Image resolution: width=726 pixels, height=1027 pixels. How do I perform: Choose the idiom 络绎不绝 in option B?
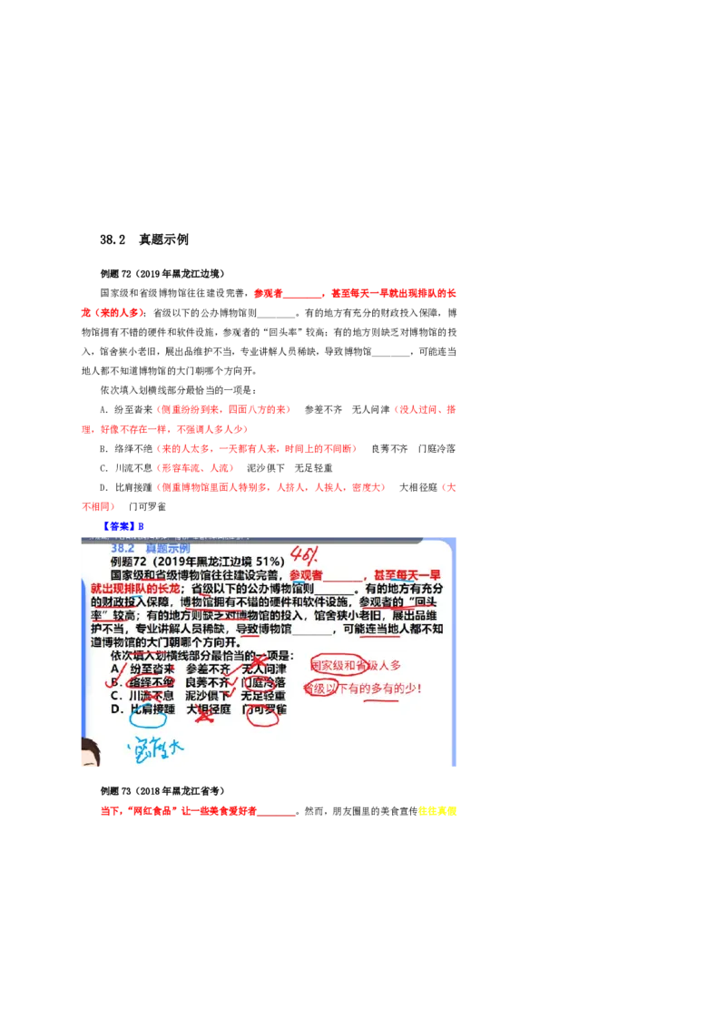coord(152,681)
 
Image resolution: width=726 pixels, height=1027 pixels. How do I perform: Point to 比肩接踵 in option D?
coord(152,709)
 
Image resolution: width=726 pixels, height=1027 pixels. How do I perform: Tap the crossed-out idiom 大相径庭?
coord(208,709)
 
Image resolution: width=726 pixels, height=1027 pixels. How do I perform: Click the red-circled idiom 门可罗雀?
coord(264,709)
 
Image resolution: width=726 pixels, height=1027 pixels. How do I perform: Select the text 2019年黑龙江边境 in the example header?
coord(217,562)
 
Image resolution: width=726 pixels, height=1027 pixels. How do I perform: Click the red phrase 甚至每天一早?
coord(414,575)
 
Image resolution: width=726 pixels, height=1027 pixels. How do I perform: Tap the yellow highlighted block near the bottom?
coord(437,812)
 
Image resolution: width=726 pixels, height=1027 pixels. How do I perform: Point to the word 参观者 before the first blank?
coord(306,575)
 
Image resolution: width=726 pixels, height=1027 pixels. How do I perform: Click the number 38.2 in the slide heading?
coord(123,549)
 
